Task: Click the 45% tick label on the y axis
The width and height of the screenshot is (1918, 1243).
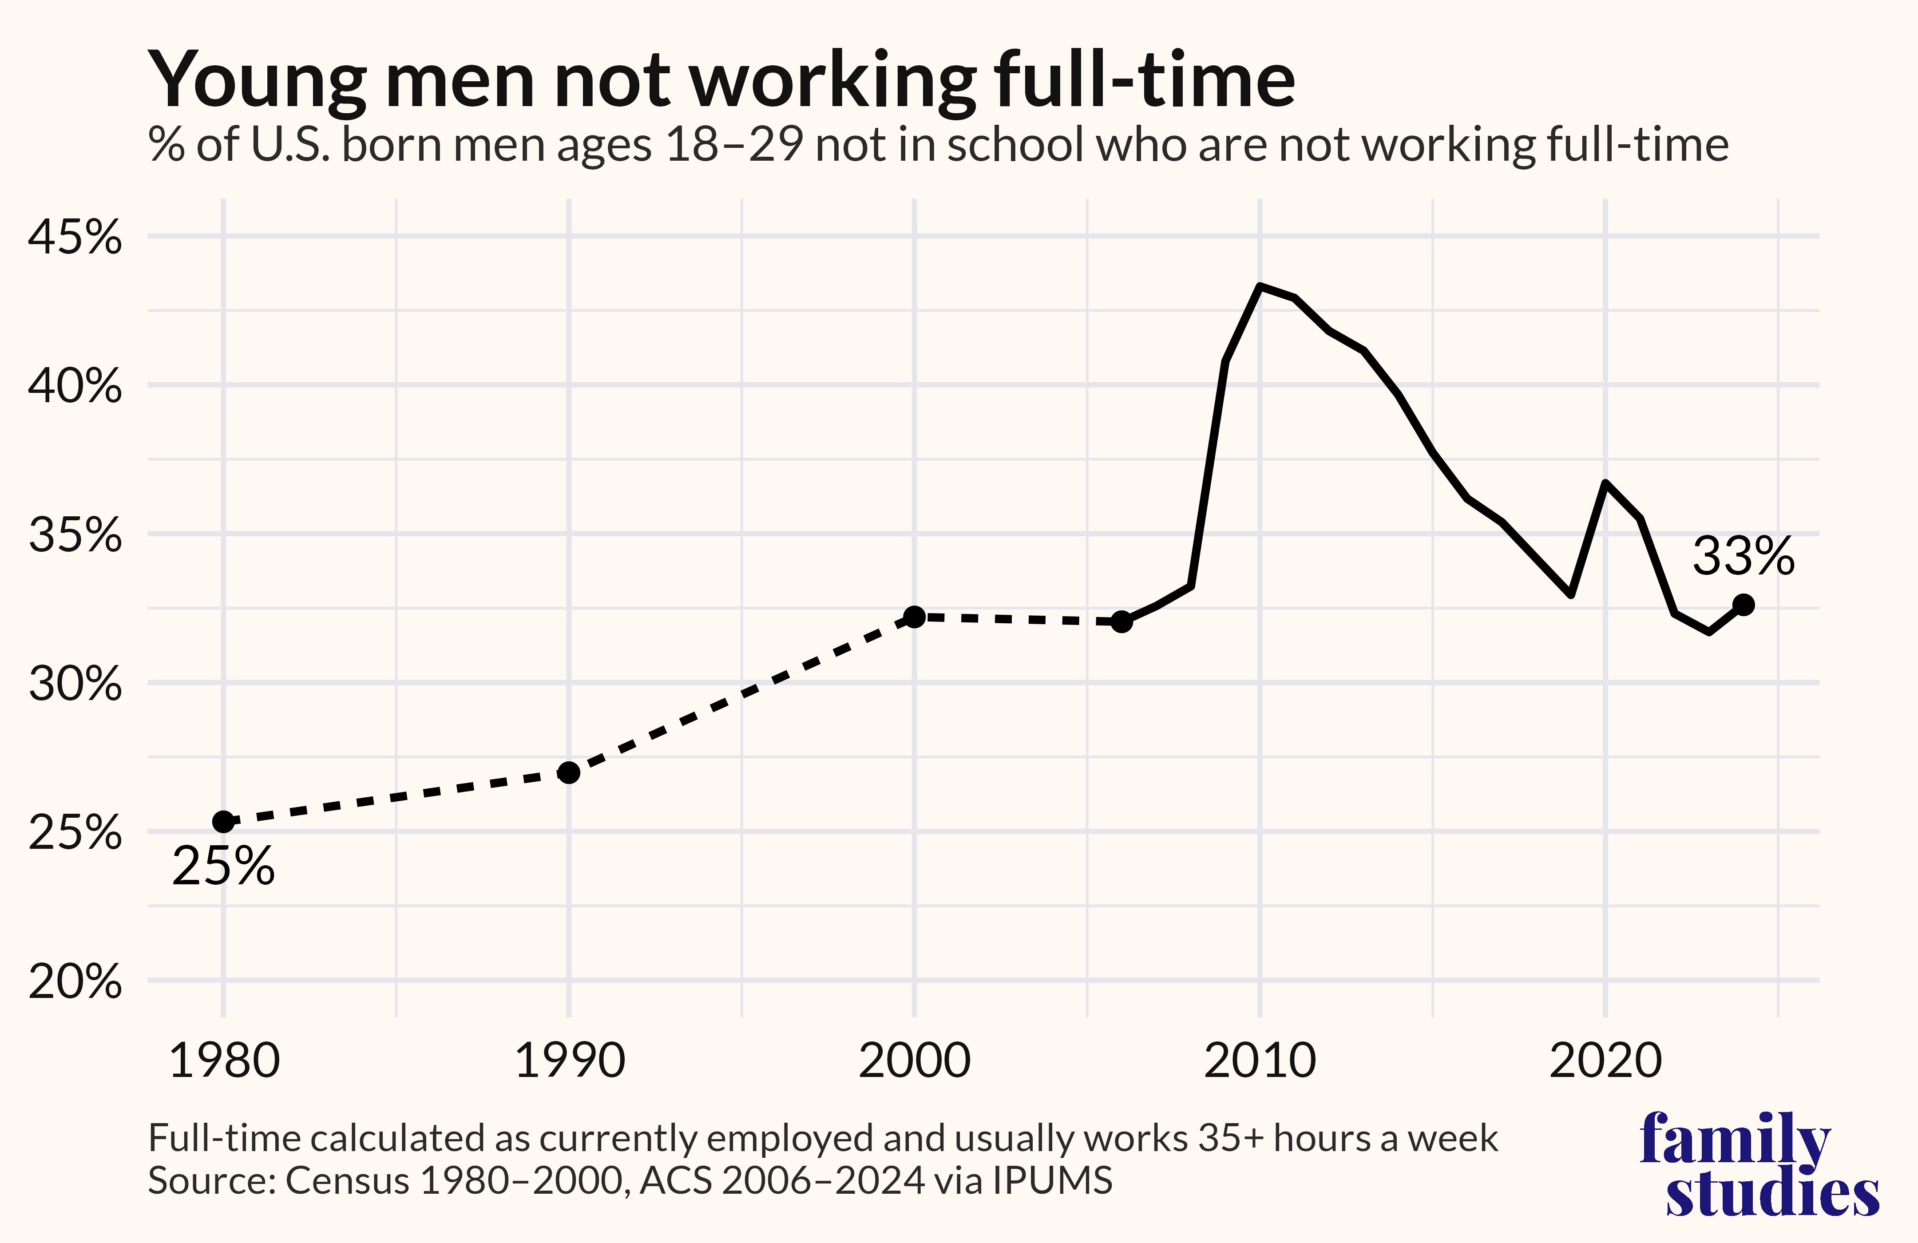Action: tap(75, 238)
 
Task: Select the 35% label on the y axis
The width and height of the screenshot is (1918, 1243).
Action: tap(75, 535)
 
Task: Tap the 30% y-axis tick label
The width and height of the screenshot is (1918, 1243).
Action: tap(75, 684)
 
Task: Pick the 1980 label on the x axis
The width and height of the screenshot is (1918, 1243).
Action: tap(224, 1061)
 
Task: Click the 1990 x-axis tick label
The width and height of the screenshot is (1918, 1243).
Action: tap(569, 1061)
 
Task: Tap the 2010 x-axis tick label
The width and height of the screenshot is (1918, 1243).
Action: tap(1260, 1061)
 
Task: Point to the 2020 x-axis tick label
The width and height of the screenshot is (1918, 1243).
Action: tap(1605, 1061)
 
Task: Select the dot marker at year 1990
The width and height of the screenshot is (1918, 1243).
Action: tap(569, 772)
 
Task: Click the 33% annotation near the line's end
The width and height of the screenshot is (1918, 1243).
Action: tap(1743, 556)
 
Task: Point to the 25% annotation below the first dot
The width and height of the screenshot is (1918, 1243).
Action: tap(223, 867)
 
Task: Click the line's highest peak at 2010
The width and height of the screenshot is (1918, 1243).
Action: tap(1260, 286)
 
